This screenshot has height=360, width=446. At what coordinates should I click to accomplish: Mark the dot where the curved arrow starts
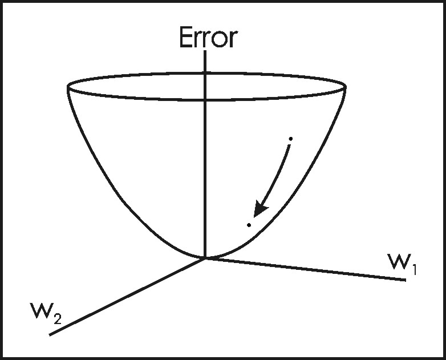pyautogui.click(x=291, y=139)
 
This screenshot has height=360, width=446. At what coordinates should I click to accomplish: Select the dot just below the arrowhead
pyautogui.click(x=249, y=225)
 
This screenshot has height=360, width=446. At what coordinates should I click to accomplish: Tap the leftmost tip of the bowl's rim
pyautogui.click(x=68, y=87)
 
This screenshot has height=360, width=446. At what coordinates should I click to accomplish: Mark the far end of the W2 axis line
pyautogui.click(x=51, y=335)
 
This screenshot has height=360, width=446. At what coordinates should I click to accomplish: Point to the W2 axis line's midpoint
pyautogui.click(x=128, y=297)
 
